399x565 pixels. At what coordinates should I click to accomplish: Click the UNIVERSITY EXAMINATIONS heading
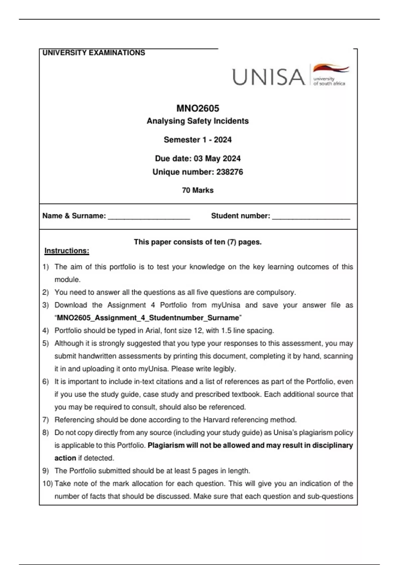pos(94,53)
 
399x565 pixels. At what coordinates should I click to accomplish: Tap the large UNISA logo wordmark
pos(268,77)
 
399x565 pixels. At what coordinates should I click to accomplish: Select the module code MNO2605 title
pos(198,108)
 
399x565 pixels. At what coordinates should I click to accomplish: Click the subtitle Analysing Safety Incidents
pos(198,121)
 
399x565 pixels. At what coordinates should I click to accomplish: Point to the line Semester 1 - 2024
pos(198,140)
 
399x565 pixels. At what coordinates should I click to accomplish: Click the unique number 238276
pos(229,172)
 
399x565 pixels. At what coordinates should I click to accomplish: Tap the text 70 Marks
pos(198,190)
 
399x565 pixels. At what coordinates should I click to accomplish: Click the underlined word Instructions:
pos(67,251)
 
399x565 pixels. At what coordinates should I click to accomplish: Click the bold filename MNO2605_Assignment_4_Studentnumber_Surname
pos(148,318)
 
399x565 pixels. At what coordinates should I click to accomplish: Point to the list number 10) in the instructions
pos(48,484)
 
